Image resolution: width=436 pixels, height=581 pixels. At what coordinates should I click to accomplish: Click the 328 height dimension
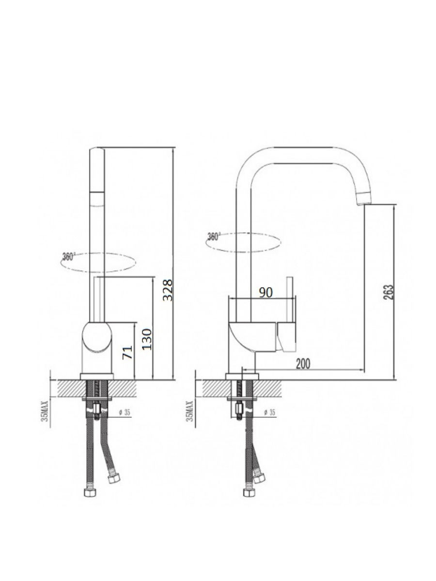(168, 290)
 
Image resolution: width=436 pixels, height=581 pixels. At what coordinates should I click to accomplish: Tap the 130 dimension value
(147, 339)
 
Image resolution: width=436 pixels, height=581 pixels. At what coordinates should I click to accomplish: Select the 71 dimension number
(127, 352)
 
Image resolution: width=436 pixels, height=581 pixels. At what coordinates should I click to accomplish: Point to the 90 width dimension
(265, 292)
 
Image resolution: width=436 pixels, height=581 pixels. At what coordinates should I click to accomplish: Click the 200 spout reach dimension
(303, 364)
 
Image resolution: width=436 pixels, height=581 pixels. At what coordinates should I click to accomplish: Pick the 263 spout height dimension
(389, 292)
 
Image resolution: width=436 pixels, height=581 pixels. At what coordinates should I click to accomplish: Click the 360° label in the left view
(69, 257)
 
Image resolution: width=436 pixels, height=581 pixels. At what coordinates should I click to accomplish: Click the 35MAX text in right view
(190, 413)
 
